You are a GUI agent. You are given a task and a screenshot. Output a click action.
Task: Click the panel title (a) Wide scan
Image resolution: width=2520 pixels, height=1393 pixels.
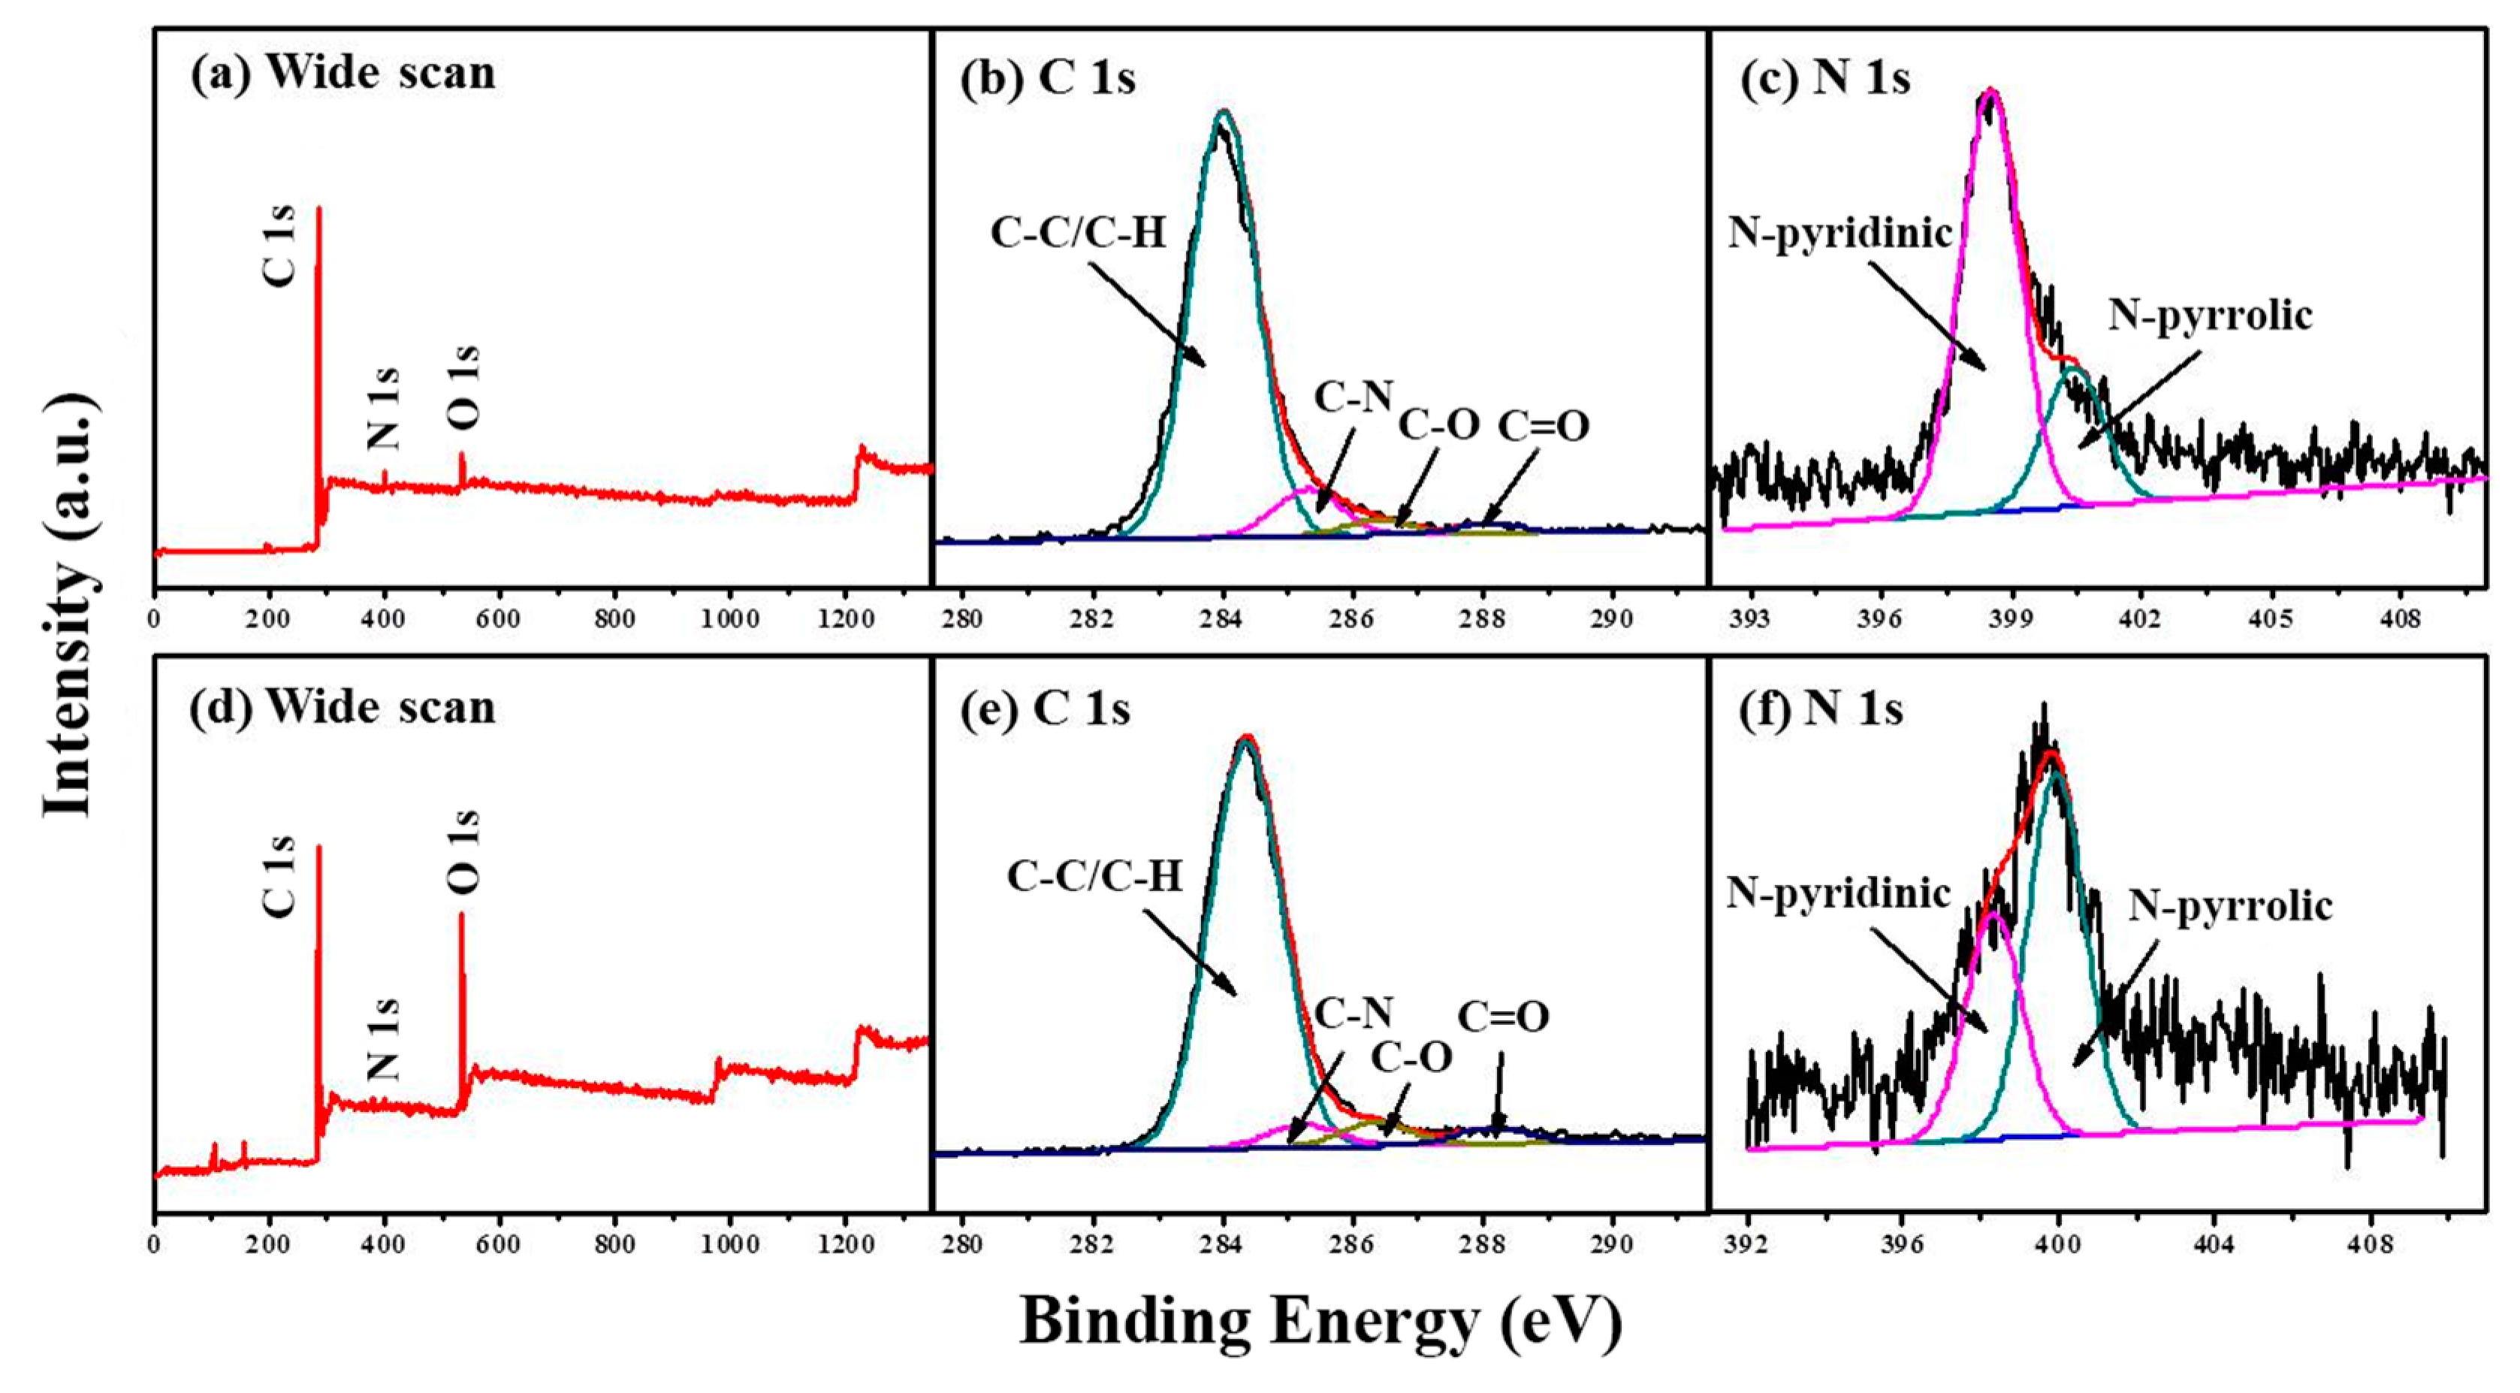343,74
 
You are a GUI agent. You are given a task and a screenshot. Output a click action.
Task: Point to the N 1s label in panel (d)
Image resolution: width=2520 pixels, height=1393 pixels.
385,1039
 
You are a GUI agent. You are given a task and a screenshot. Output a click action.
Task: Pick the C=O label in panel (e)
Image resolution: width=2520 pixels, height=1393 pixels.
1504,1018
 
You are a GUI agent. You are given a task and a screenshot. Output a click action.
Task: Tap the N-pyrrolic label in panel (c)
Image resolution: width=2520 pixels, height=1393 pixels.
2209,315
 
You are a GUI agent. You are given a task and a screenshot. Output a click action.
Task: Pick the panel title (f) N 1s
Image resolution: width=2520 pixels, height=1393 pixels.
1821,709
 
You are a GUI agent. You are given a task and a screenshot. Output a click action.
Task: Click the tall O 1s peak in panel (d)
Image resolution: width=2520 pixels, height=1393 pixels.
462,978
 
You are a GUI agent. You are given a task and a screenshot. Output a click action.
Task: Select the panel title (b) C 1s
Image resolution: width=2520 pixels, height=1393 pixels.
1048,77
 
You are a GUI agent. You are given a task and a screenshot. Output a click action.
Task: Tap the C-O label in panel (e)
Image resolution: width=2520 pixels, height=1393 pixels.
1411,1057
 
